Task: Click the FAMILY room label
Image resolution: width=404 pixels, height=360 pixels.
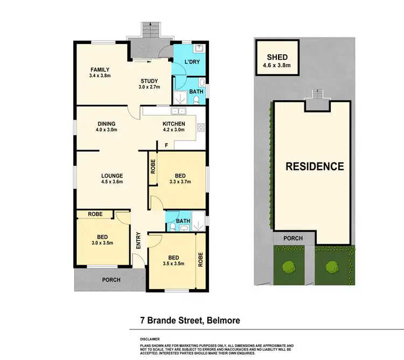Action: tap(100, 69)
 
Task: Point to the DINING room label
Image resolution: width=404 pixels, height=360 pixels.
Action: tap(107, 124)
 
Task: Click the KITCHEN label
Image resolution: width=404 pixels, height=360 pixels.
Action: tap(174, 124)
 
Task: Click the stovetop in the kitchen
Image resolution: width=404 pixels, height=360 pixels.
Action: tap(201, 128)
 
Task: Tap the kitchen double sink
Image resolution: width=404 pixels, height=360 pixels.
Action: tap(178, 111)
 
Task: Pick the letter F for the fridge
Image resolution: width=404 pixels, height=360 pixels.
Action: tap(166, 144)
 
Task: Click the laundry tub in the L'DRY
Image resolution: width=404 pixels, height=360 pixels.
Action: tap(199, 48)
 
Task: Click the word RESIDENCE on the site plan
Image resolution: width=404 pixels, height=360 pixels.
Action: tap(315, 166)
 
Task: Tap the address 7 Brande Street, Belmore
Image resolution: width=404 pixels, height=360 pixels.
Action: tap(186, 321)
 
